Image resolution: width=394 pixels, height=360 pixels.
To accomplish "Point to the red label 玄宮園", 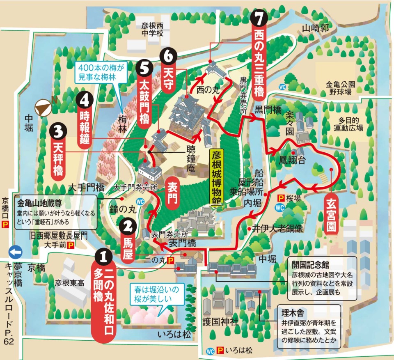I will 331,215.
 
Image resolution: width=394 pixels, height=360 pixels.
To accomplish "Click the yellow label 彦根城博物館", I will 217,179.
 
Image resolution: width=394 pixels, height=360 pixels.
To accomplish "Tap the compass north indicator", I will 44,108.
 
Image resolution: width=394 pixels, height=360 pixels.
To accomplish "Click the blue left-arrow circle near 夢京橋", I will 15,251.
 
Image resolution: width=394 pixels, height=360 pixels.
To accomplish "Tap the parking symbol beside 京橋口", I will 5,224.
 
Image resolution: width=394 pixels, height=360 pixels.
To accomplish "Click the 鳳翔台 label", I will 292,160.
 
